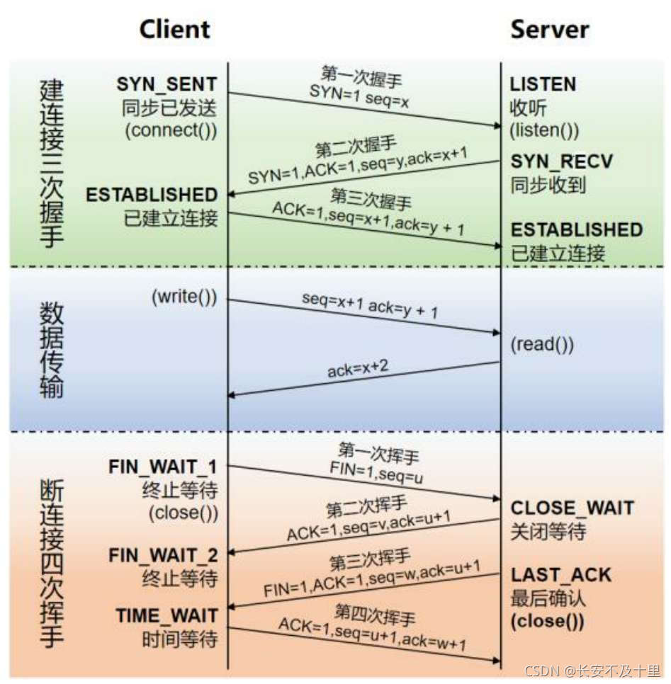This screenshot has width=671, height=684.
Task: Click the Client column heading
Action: click(x=174, y=29)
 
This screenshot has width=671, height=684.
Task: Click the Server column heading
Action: click(x=549, y=29)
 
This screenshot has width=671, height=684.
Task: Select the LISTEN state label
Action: click(x=543, y=84)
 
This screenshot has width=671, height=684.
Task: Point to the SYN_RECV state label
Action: click(x=561, y=161)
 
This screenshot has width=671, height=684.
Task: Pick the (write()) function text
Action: click(x=184, y=298)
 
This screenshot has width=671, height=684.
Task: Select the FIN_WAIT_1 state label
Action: click(x=163, y=467)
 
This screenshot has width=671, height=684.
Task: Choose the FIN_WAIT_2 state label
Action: click(x=163, y=555)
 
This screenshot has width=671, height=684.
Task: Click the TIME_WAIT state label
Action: click(x=167, y=615)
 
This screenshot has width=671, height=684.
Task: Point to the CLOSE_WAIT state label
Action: click(x=572, y=508)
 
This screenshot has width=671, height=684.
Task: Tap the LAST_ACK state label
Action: click(x=560, y=574)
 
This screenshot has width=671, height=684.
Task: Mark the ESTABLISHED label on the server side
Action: click(x=577, y=229)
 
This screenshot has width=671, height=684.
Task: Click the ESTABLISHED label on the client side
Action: click(x=152, y=195)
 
